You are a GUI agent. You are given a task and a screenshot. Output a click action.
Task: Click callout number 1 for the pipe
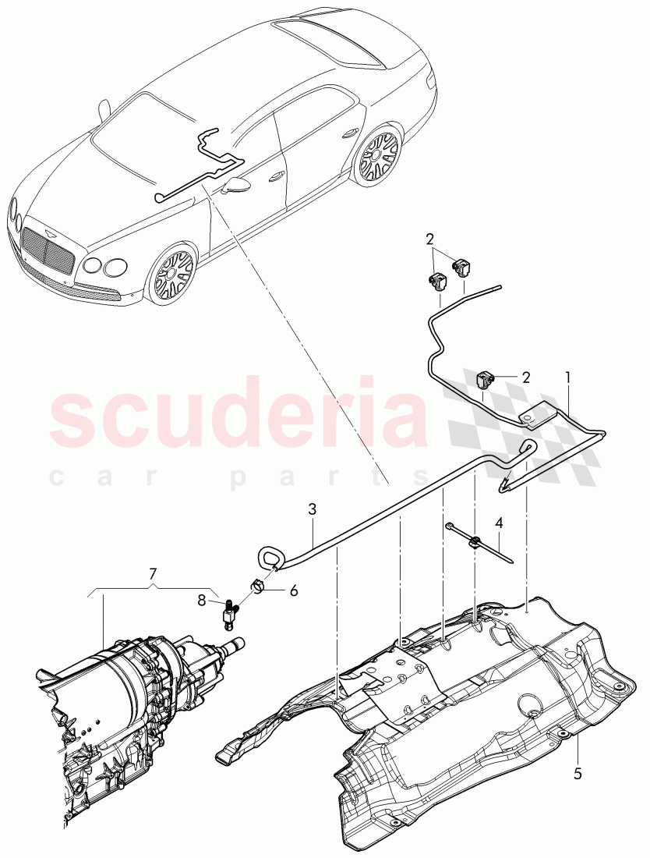pos(568,377)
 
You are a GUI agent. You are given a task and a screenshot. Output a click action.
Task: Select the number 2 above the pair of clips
pos(429,238)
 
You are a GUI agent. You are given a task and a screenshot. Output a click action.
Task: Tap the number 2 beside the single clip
pos(525,377)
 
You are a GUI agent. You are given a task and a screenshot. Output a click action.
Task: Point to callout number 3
pos(312,509)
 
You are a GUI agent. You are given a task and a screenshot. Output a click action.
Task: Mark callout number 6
pos(294,591)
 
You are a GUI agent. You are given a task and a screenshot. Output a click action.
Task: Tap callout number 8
pos(203,601)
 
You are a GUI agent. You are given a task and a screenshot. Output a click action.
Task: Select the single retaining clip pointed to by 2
pos(486,380)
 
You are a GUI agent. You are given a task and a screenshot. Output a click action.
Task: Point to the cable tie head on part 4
pos(473,539)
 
